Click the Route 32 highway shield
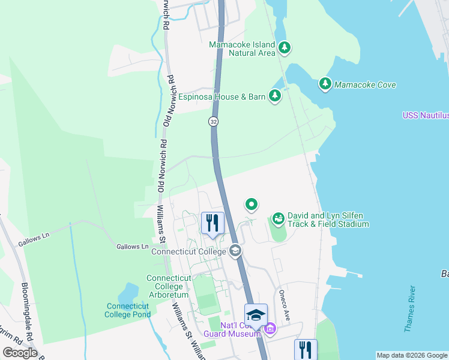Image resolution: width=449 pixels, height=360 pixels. (x=213, y=121)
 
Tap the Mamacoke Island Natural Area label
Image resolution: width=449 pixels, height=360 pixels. (x=242, y=49)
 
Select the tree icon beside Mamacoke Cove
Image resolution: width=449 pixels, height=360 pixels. (x=325, y=84)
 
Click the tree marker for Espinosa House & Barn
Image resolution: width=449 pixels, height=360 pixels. (x=275, y=96)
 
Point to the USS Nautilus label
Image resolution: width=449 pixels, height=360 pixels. (x=425, y=115)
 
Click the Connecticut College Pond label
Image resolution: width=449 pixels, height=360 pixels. (x=127, y=310)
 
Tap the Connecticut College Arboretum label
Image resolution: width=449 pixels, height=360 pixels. (x=169, y=286)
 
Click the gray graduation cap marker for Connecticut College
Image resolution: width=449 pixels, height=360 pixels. (x=235, y=251)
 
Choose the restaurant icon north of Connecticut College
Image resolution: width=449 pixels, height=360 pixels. (x=212, y=223)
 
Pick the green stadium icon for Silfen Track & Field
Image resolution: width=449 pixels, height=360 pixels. (x=278, y=219)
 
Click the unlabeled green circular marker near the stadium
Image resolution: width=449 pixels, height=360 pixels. (x=252, y=205)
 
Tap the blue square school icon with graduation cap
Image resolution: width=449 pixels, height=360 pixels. (x=256, y=314)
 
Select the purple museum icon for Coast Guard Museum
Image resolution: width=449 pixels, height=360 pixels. (x=270, y=329)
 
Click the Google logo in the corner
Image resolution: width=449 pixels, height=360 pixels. (x=20, y=353)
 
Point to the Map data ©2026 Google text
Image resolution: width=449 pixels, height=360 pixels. (x=411, y=355)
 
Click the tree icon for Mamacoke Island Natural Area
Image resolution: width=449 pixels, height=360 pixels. (x=285, y=48)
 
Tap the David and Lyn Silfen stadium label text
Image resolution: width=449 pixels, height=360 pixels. (x=328, y=220)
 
